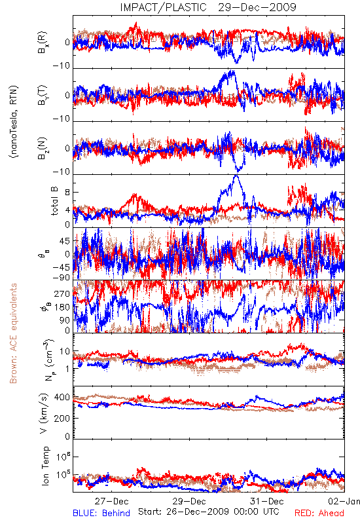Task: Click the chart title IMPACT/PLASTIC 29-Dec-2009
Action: point(208,7)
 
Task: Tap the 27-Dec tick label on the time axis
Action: point(111,501)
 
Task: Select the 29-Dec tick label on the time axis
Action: point(189,501)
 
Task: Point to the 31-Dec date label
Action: point(267,501)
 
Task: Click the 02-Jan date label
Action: point(344,501)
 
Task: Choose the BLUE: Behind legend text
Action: point(101,514)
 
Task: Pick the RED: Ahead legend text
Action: point(319,514)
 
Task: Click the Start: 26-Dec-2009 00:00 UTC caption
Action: point(209,512)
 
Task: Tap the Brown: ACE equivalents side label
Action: point(13,333)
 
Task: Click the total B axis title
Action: point(54,200)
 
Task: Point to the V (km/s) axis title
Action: point(45,413)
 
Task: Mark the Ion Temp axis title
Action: point(45,466)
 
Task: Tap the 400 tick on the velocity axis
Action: point(62,398)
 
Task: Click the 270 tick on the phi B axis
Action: point(62,294)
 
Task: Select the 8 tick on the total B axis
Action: point(67,193)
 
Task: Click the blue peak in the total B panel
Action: point(237,175)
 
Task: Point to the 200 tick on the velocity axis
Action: point(62,418)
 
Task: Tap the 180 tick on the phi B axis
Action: point(62,307)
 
